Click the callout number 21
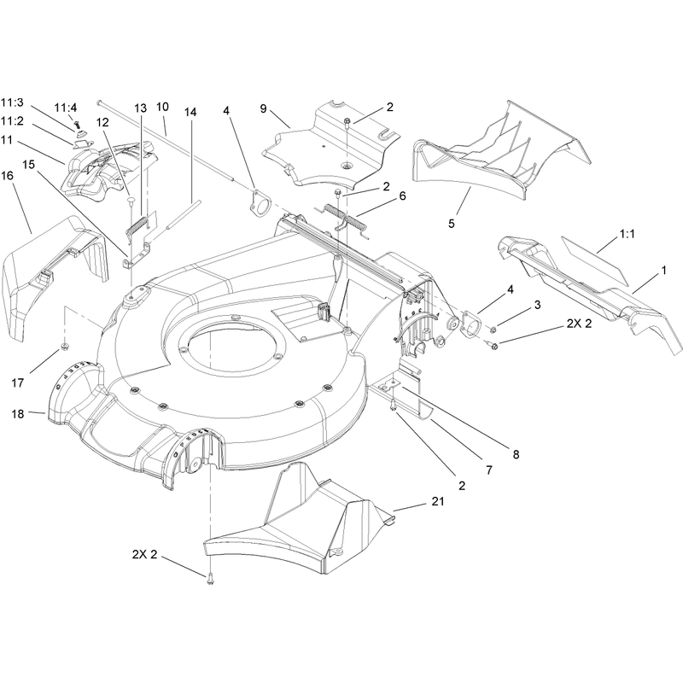(438, 501)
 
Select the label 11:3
(12, 102)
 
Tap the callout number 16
(8, 176)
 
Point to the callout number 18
(17, 413)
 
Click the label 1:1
(627, 234)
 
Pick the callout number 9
(263, 108)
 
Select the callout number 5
(452, 224)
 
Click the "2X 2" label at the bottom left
(144, 555)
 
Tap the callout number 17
(17, 382)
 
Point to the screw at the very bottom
(210, 579)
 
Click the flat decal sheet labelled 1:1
(595, 261)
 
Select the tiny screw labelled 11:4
(78, 124)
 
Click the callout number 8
(516, 454)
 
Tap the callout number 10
(162, 108)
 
